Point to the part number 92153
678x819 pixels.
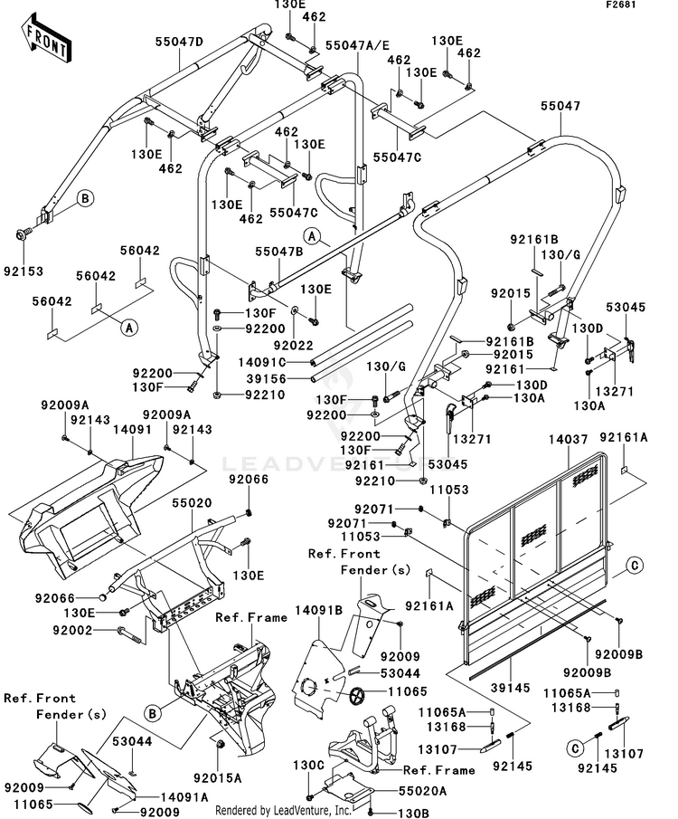(x=23, y=270)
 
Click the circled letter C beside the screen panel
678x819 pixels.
(x=635, y=566)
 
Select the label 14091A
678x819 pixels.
(x=185, y=796)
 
